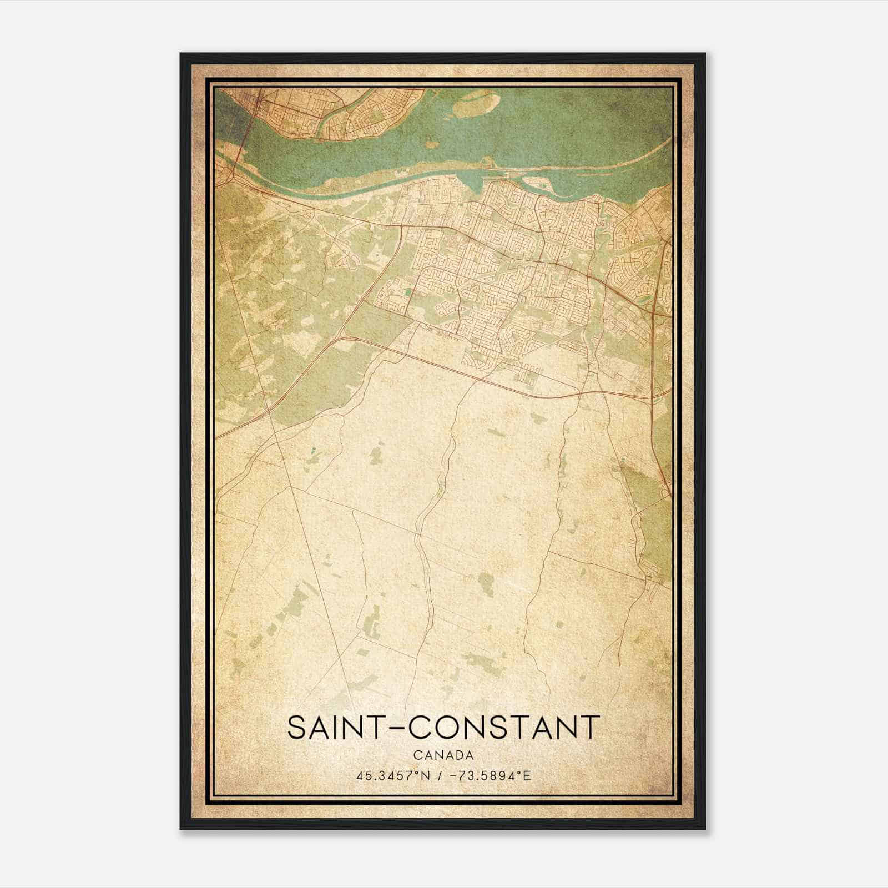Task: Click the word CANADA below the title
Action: pyautogui.click(x=443, y=755)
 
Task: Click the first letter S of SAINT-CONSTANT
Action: pyautogui.click(x=297, y=728)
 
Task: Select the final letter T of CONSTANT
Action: pyautogui.click(x=591, y=728)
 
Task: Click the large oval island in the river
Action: pyautogui.click(x=476, y=104)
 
